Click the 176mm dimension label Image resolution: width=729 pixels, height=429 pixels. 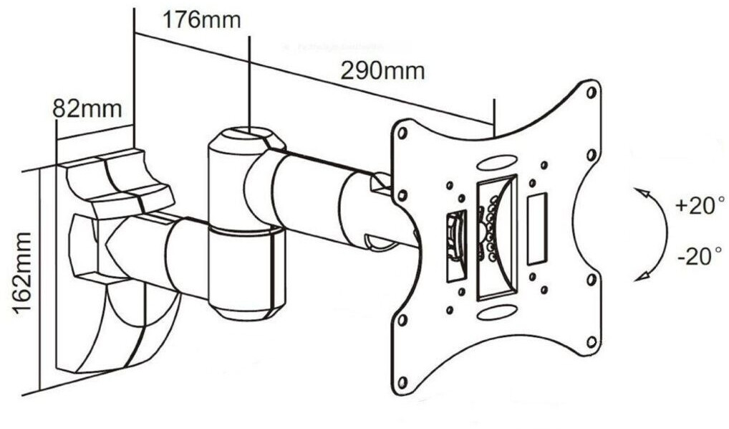coord(201,19)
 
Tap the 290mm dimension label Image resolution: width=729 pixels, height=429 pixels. coord(382,71)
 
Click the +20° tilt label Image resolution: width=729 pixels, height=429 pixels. coord(694,207)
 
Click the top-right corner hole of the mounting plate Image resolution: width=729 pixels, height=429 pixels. coord(592,93)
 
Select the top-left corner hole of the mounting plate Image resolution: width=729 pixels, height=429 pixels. coord(402,133)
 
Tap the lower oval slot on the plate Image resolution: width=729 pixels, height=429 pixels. coord(496,312)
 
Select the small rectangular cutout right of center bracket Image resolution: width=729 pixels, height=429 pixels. coord(536,229)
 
